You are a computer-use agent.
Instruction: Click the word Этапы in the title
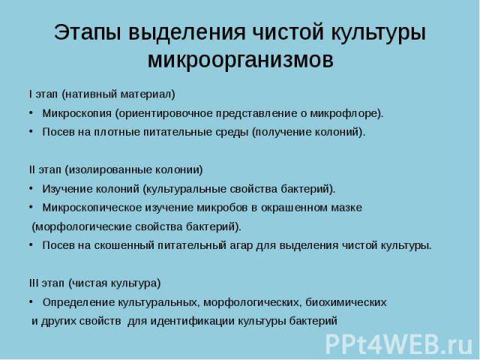88,32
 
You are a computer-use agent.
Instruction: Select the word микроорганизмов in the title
241,59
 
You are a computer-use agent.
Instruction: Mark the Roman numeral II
32,169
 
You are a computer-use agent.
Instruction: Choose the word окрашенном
294,208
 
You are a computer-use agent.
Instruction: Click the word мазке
346,208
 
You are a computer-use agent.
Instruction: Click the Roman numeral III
34,283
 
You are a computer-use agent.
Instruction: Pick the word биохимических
346,302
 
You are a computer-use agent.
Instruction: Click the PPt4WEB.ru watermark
399,343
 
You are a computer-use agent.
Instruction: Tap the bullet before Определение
31,302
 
